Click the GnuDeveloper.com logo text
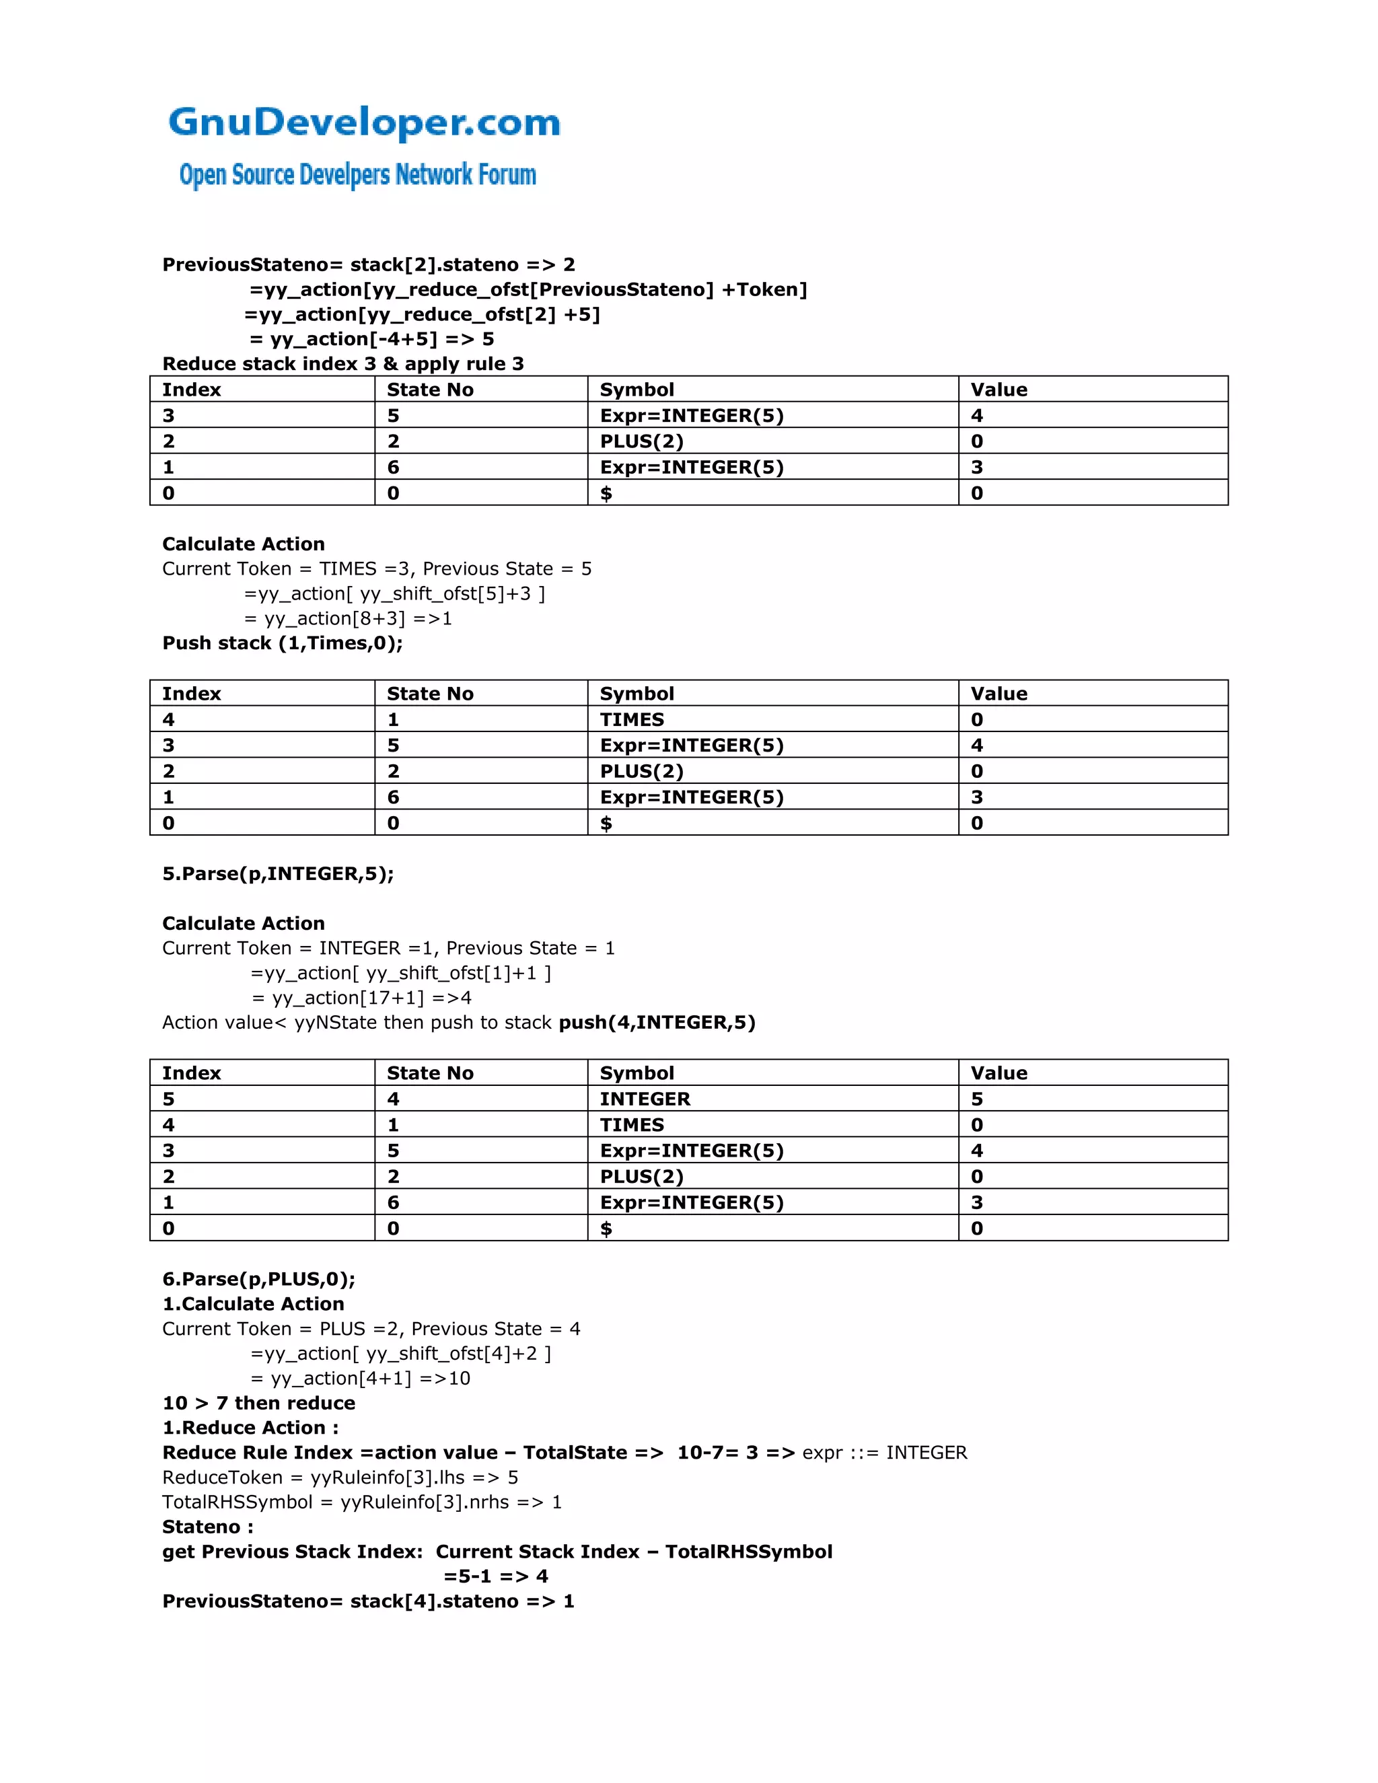point(364,122)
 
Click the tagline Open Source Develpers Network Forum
point(357,175)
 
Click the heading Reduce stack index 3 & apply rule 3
point(343,364)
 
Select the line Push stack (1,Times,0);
point(283,643)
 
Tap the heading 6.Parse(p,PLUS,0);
point(259,1278)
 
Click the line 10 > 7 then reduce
point(259,1403)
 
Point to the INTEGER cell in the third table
point(645,1099)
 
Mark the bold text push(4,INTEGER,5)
point(657,1022)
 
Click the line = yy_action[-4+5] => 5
point(371,340)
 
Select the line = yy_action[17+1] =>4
point(361,998)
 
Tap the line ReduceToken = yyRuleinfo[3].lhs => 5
point(340,1477)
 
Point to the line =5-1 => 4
point(495,1576)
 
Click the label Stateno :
point(207,1527)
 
